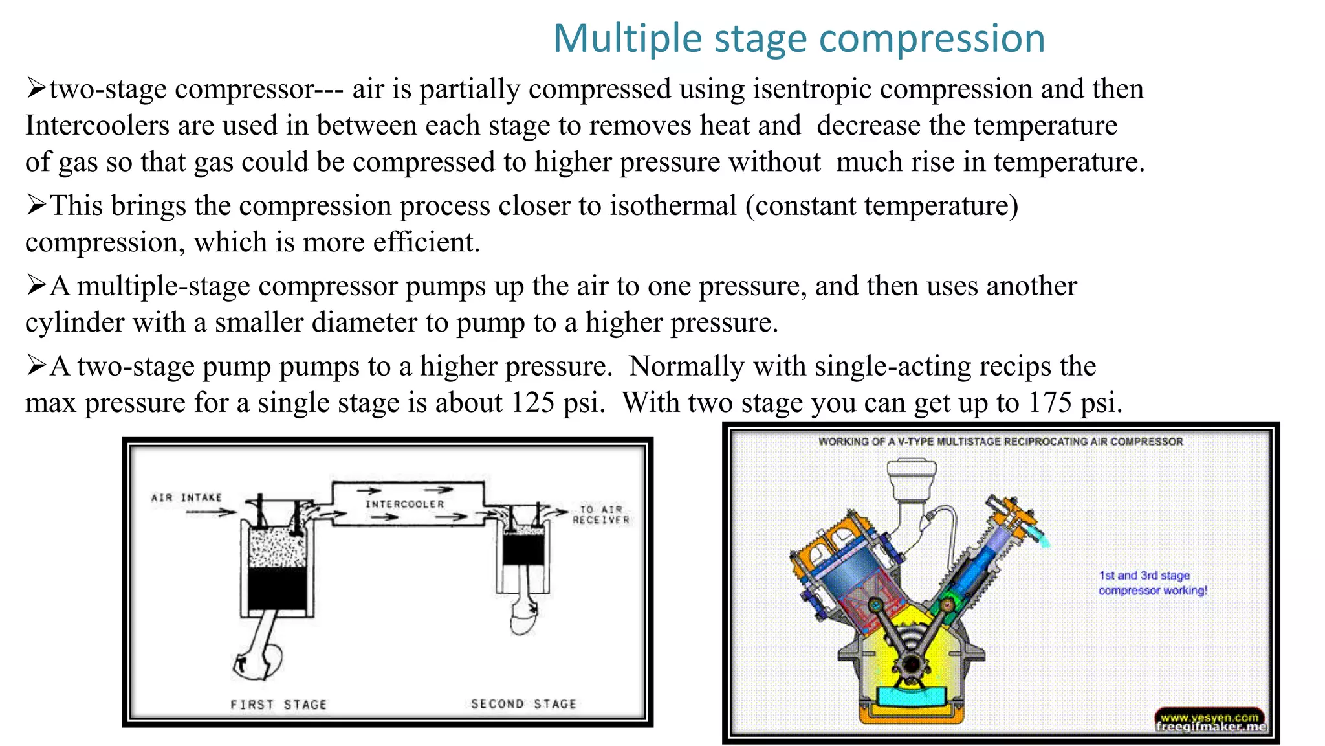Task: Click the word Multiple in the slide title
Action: [627, 38]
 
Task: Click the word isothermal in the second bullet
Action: [673, 206]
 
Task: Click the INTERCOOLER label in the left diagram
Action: [405, 504]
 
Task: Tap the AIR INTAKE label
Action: [186, 497]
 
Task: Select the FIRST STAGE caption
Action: [278, 704]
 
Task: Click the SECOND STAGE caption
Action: [523, 703]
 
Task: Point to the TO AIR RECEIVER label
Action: [600, 515]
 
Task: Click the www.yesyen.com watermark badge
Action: [1209, 717]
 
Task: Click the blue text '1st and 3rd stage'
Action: [1144, 575]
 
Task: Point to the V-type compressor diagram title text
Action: [1000, 442]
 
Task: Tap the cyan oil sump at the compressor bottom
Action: [911, 696]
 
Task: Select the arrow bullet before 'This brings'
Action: [36, 206]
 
